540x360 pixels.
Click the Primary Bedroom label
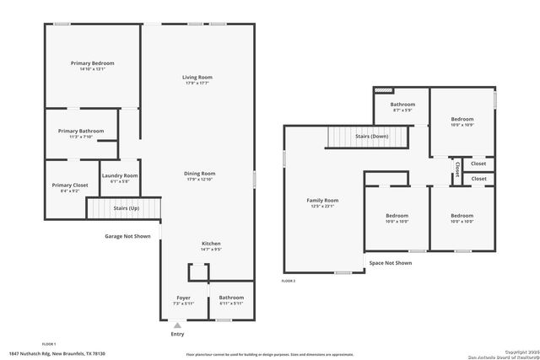pyautogui.click(x=92, y=63)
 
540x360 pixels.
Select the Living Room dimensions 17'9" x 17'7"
pyautogui.click(x=197, y=83)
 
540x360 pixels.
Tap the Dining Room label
pyautogui.click(x=200, y=174)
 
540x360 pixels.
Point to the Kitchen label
pyautogui.click(x=211, y=243)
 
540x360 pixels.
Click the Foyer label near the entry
pyautogui.click(x=183, y=298)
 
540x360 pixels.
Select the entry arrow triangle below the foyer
pyautogui.click(x=177, y=325)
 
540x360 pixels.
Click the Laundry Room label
pyautogui.click(x=120, y=175)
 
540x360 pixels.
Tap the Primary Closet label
pyautogui.click(x=70, y=185)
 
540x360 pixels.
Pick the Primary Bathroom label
pyautogui.click(x=81, y=131)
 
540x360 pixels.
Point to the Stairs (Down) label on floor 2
pyautogui.click(x=371, y=136)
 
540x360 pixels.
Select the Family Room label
pyautogui.click(x=321, y=200)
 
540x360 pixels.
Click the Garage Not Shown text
pyautogui.click(x=127, y=236)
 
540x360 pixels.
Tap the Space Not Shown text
pyautogui.click(x=391, y=263)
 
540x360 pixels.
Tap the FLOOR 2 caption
pyautogui.click(x=289, y=281)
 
